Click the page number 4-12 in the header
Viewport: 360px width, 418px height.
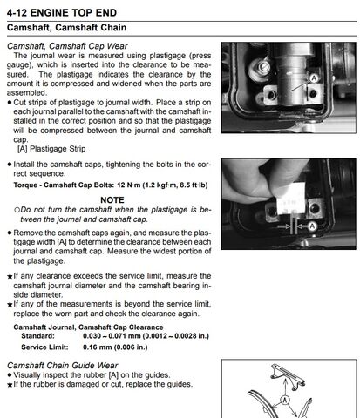point(17,13)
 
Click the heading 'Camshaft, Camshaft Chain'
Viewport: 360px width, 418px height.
point(67,28)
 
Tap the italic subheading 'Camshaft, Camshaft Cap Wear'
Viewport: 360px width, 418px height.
point(67,46)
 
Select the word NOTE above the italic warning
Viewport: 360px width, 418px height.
point(112,200)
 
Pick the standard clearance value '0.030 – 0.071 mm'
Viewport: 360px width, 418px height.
point(112,336)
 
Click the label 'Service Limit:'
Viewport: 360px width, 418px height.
point(44,347)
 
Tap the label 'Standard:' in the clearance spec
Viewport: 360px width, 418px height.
point(37,336)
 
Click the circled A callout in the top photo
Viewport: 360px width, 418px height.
point(314,78)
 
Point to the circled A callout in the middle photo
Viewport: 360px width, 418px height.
point(312,226)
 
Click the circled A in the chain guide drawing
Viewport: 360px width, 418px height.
point(285,401)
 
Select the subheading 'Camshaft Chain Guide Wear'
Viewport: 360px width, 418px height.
point(63,366)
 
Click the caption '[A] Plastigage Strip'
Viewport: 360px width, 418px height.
point(51,149)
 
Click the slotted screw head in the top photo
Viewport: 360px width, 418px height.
point(264,67)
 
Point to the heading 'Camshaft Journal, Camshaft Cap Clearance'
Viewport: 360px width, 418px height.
point(88,327)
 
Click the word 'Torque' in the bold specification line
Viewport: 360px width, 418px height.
point(24,185)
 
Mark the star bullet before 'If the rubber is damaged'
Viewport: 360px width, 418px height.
point(10,385)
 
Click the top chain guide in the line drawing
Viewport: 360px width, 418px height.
point(288,376)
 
